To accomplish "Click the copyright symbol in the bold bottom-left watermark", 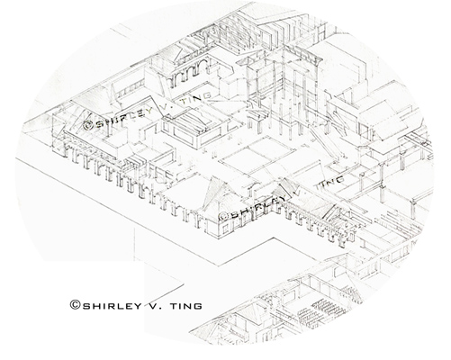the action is coord(75,305).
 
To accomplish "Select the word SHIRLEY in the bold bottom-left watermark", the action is coord(112,306).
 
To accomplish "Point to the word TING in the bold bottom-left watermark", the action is coord(186,306).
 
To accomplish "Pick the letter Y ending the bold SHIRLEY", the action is coord(138,306).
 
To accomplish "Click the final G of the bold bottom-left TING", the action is coord(198,306).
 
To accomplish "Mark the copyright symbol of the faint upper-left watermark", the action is coord(88,125).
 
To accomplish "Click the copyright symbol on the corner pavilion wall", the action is coord(224,216).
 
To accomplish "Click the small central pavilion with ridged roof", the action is coord(194,128).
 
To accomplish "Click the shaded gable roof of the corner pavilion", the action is coord(217,192).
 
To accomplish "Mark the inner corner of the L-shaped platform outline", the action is coord(274,238).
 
